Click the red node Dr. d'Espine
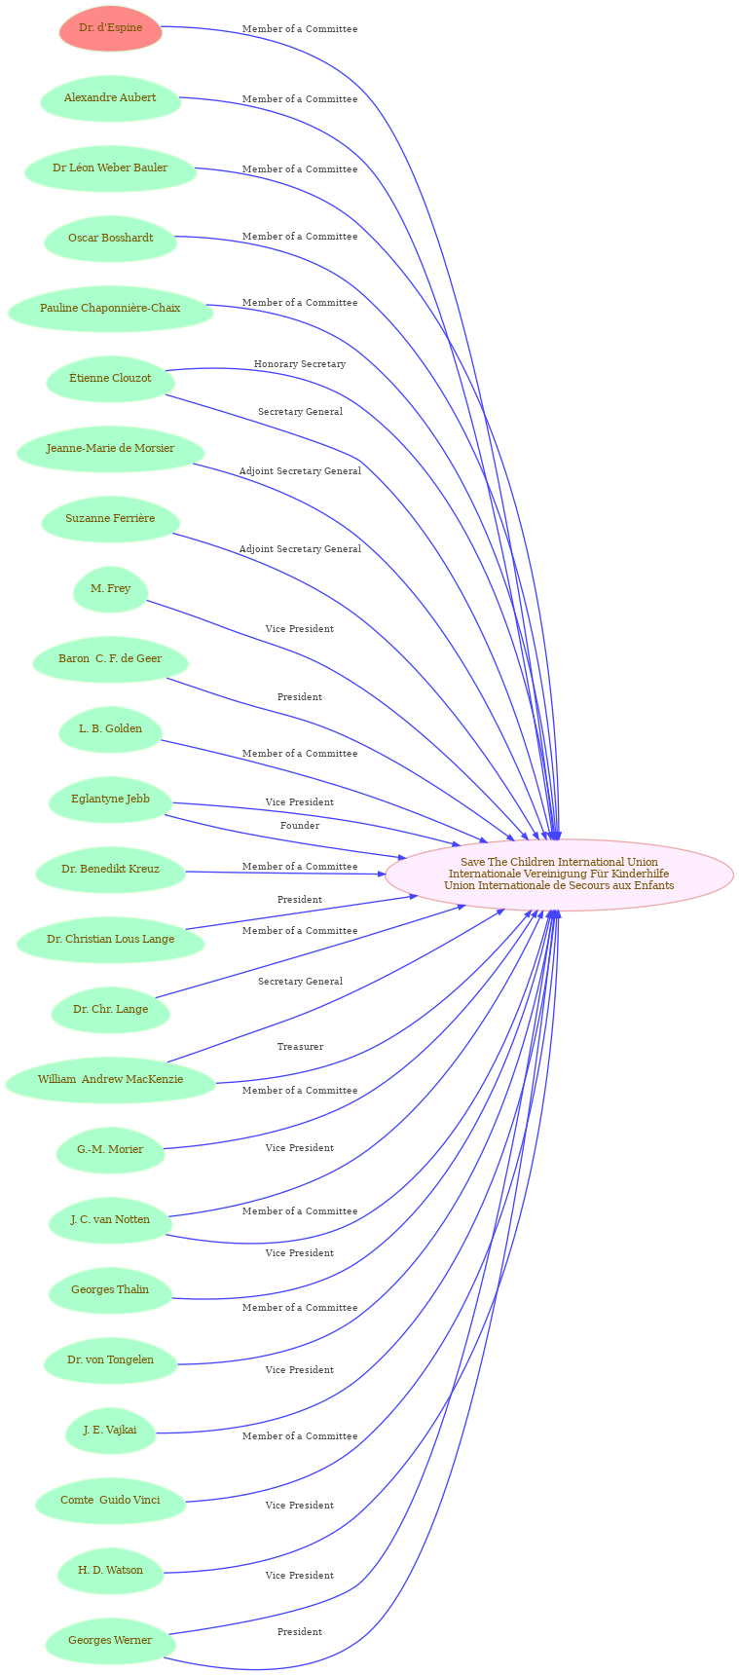click(x=110, y=28)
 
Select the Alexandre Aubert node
click(x=110, y=98)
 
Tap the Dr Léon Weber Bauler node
click(x=110, y=168)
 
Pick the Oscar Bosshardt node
click(x=110, y=239)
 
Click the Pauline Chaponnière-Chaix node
click(x=110, y=309)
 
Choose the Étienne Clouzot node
click(x=110, y=379)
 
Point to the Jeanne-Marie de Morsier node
click(x=110, y=449)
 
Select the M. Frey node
click(x=110, y=589)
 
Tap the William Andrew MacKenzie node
click(x=110, y=1080)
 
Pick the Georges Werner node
click(x=110, y=1641)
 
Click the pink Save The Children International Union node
click(x=559, y=875)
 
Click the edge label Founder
click(x=300, y=826)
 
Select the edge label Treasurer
click(x=300, y=1047)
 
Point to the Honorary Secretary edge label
click(x=300, y=364)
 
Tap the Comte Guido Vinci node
click(x=110, y=1501)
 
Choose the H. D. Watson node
click(x=110, y=1571)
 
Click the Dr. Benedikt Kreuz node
click(x=110, y=870)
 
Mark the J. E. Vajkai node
click(x=110, y=1431)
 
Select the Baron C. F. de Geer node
click(x=110, y=659)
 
